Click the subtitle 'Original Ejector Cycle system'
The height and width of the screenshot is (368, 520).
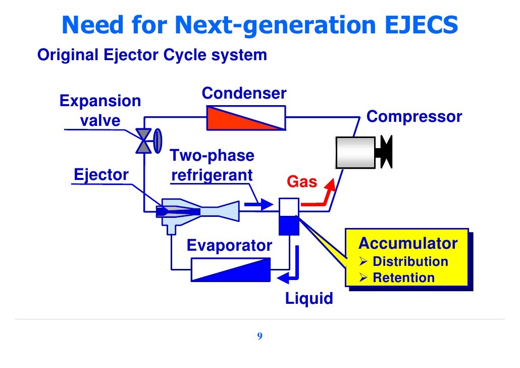pyautogui.click(x=152, y=55)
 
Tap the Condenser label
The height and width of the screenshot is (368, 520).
pyautogui.click(x=244, y=94)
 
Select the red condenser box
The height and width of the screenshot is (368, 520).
pyautogui.click(x=246, y=118)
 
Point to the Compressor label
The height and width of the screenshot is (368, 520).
pyautogui.click(x=414, y=117)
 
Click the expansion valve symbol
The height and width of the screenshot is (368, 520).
pyautogui.click(x=144, y=140)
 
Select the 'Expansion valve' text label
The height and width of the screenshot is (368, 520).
pyautogui.click(x=100, y=111)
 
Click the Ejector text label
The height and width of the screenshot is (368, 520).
pyautogui.click(x=101, y=175)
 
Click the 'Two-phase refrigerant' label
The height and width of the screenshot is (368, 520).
pyautogui.click(x=212, y=165)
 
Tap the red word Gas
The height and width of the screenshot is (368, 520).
pyautogui.click(x=302, y=181)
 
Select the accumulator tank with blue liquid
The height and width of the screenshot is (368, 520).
pyautogui.click(x=289, y=216)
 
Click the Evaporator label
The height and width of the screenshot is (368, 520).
pyautogui.click(x=229, y=246)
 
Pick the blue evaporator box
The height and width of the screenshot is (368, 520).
pyautogui.click(x=230, y=269)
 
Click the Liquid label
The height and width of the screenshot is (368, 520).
pyautogui.click(x=309, y=298)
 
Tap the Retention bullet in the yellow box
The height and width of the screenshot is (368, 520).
pyautogui.click(x=403, y=278)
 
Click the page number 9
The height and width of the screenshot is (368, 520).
pyautogui.click(x=259, y=337)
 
